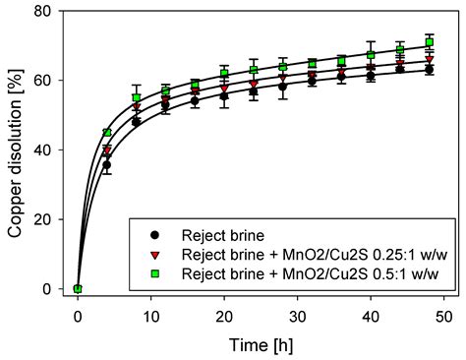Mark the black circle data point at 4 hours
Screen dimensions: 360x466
[x=107, y=164]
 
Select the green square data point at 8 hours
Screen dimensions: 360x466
[x=137, y=98]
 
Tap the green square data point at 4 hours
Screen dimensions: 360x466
[x=107, y=133]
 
